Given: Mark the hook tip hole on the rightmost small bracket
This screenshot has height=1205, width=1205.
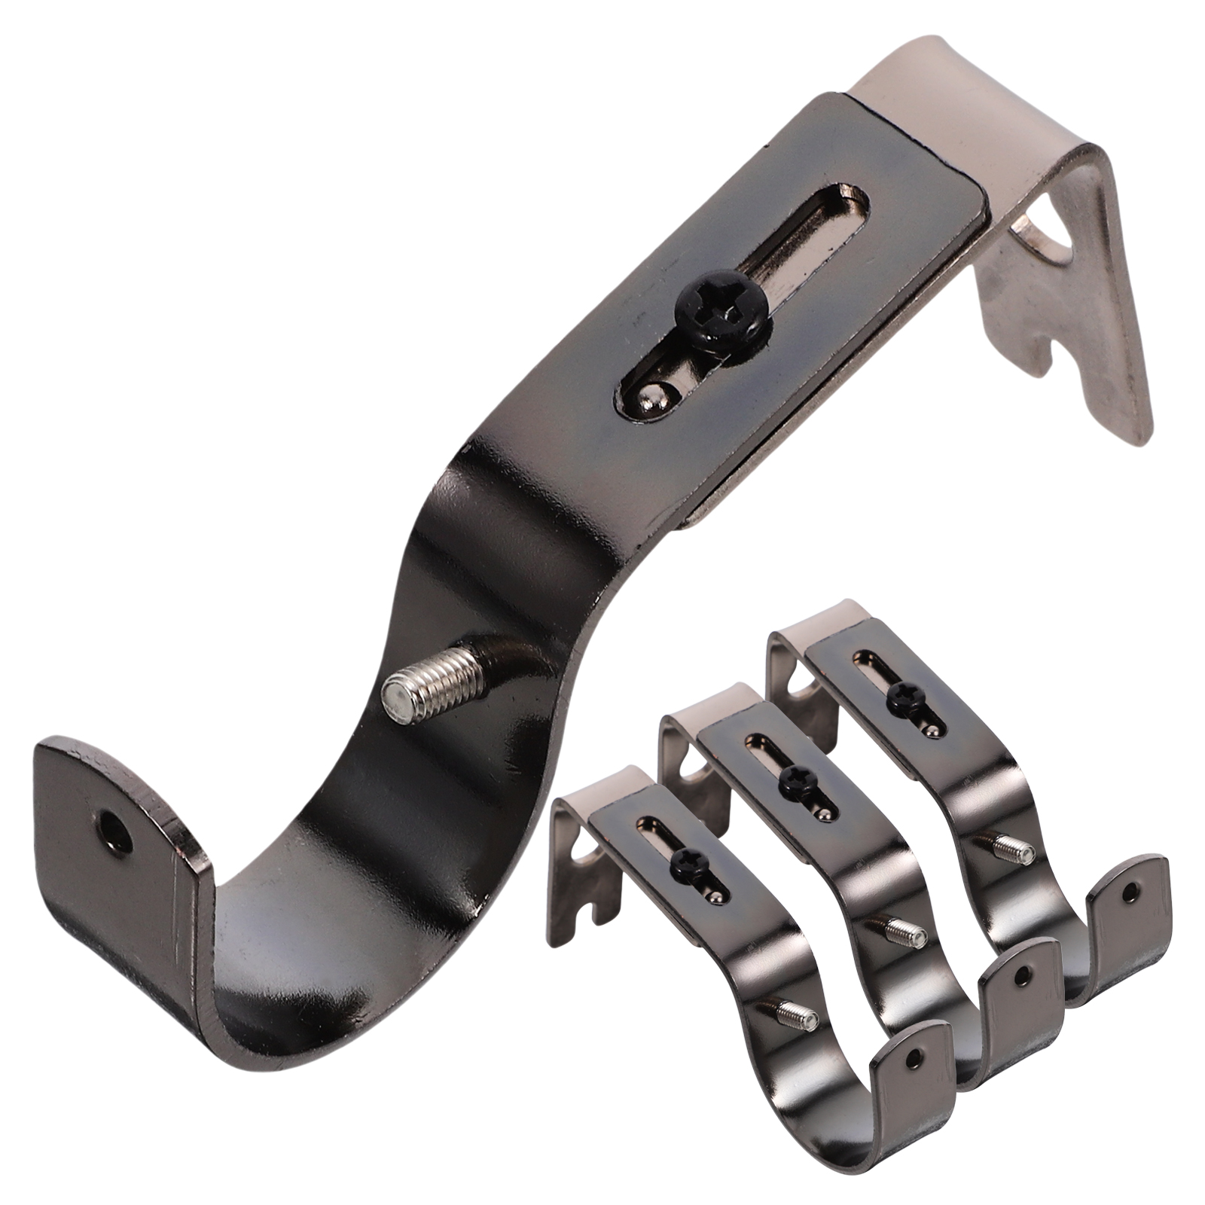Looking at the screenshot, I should point(1127,892).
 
